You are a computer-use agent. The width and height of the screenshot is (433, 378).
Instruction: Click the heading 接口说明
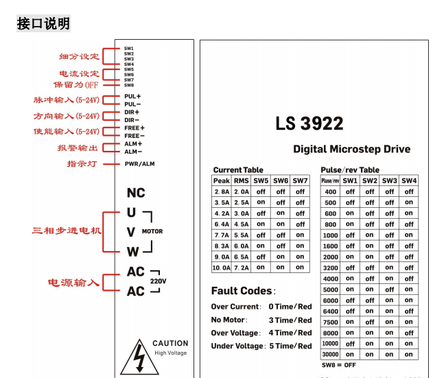tap(43, 24)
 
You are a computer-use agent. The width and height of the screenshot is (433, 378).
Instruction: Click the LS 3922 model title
tap(309, 123)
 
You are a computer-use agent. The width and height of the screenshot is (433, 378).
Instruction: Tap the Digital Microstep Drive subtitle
tap(351, 149)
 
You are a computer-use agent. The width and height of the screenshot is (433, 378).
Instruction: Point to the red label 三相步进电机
tap(67, 231)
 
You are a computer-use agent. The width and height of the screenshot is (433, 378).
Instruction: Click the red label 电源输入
tap(73, 282)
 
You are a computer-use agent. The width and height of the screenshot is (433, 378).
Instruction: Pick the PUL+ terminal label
tap(132, 97)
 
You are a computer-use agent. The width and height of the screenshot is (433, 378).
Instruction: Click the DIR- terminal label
tap(132, 120)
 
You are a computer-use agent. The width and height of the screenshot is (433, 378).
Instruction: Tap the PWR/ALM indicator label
tap(139, 164)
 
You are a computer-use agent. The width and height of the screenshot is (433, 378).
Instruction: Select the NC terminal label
tap(136, 193)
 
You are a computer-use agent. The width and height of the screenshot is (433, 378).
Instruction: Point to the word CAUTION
tap(170, 343)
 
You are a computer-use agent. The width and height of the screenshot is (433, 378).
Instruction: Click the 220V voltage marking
tap(158, 281)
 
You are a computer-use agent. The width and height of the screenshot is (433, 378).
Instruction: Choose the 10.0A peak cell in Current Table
tap(221, 268)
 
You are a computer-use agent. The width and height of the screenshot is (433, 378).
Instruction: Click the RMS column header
tap(241, 181)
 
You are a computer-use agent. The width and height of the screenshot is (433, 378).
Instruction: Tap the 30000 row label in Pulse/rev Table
tap(330, 354)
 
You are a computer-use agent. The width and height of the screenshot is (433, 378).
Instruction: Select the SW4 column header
tap(409, 180)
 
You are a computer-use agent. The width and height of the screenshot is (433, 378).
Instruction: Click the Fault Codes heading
tap(242, 291)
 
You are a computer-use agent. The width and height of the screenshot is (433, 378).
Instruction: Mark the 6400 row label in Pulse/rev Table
tap(330, 311)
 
